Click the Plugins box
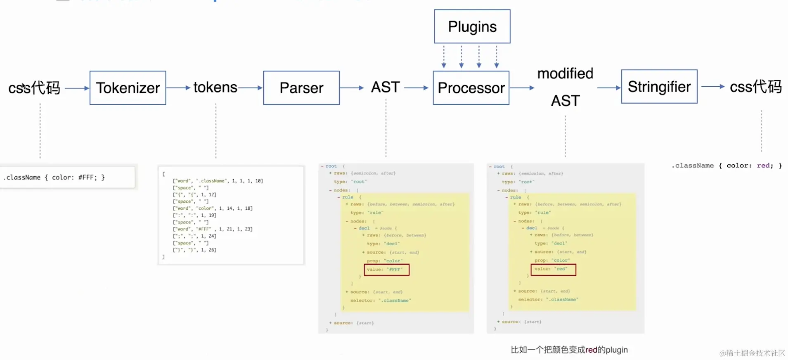click(472, 26)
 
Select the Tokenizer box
click(128, 88)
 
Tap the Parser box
click(301, 88)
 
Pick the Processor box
click(471, 88)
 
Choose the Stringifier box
click(659, 87)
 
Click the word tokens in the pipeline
click(215, 88)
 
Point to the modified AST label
click(565, 87)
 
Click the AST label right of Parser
click(386, 88)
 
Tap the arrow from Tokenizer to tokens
click(178, 88)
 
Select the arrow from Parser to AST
click(351, 88)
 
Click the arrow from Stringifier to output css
click(713, 87)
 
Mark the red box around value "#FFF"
click(387, 270)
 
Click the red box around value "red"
click(553, 269)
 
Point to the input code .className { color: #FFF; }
click(54, 178)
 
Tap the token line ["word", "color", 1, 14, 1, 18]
click(213, 208)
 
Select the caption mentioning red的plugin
click(569, 350)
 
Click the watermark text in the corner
click(752, 353)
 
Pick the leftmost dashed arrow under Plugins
click(444, 57)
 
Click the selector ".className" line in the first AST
click(380, 301)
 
